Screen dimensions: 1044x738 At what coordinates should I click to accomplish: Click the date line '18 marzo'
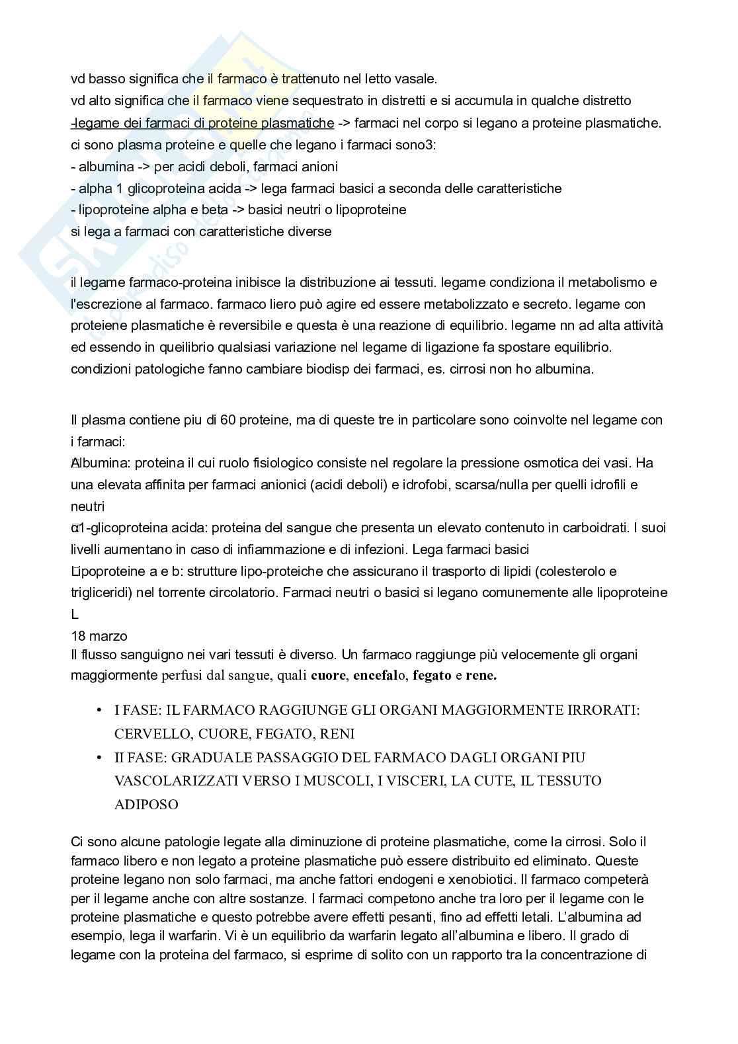99,636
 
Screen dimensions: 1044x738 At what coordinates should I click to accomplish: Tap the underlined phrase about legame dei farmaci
202,123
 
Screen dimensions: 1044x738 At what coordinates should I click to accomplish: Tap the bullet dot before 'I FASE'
99,710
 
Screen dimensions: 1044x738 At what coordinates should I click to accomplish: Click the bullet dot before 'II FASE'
99,757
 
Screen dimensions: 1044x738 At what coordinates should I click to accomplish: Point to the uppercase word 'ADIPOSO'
146,805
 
